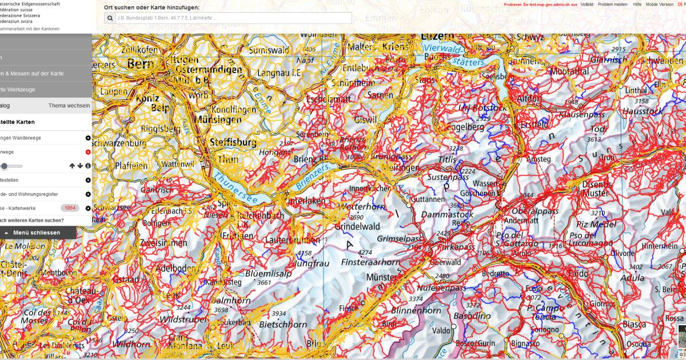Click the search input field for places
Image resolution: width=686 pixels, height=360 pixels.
coord(232,18)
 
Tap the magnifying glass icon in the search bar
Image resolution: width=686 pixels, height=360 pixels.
coord(111,18)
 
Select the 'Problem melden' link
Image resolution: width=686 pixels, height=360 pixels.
coord(612,4)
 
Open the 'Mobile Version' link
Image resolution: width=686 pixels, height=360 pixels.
coord(659,4)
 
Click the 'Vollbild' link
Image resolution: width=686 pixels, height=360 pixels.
coord(587,4)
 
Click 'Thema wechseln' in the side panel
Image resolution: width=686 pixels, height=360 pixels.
coord(69,106)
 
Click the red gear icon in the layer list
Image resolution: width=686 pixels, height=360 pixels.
coord(88,152)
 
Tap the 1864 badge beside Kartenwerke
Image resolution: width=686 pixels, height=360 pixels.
coord(70,208)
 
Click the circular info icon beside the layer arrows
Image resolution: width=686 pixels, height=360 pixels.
coord(88,166)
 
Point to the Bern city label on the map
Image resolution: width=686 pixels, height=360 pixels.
coord(139,64)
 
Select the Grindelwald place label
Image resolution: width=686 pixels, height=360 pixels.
coord(358,226)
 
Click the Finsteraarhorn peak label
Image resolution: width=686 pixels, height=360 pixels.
coord(370,262)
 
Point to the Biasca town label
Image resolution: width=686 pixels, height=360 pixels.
coord(634,325)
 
